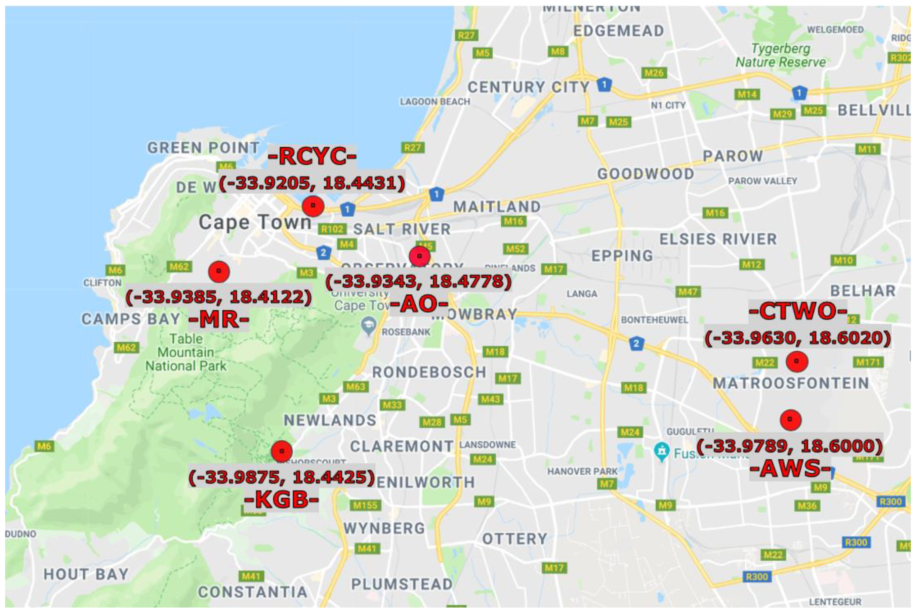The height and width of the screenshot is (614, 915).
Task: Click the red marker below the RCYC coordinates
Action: coord(313,206)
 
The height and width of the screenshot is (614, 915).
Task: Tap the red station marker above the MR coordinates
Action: coord(219,271)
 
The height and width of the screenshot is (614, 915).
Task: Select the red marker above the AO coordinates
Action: coord(419,256)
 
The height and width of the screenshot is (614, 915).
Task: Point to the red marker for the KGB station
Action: coord(282,451)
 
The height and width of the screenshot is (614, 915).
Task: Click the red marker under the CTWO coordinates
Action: coord(797,361)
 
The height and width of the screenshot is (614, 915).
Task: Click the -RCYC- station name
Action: coord(312,156)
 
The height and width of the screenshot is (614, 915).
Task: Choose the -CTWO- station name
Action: coord(798,312)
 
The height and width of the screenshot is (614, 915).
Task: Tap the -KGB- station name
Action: coord(281,499)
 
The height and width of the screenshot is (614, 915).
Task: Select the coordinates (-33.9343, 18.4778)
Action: coord(418,281)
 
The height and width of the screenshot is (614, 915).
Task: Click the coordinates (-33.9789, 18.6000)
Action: coord(790,446)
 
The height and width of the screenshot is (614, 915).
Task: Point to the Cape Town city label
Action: coord(255,223)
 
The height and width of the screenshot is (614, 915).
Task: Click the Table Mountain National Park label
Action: coord(186,352)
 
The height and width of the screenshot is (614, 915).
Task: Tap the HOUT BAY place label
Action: coord(86,574)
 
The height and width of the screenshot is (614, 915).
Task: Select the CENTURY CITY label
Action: coord(528,87)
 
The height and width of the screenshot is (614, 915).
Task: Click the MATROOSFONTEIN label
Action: coord(791,383)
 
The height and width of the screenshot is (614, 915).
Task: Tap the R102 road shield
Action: coord(332,229)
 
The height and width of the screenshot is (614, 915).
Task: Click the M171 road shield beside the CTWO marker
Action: coord(868,362)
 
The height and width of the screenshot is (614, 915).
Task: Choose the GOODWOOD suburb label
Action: coord(645,174)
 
